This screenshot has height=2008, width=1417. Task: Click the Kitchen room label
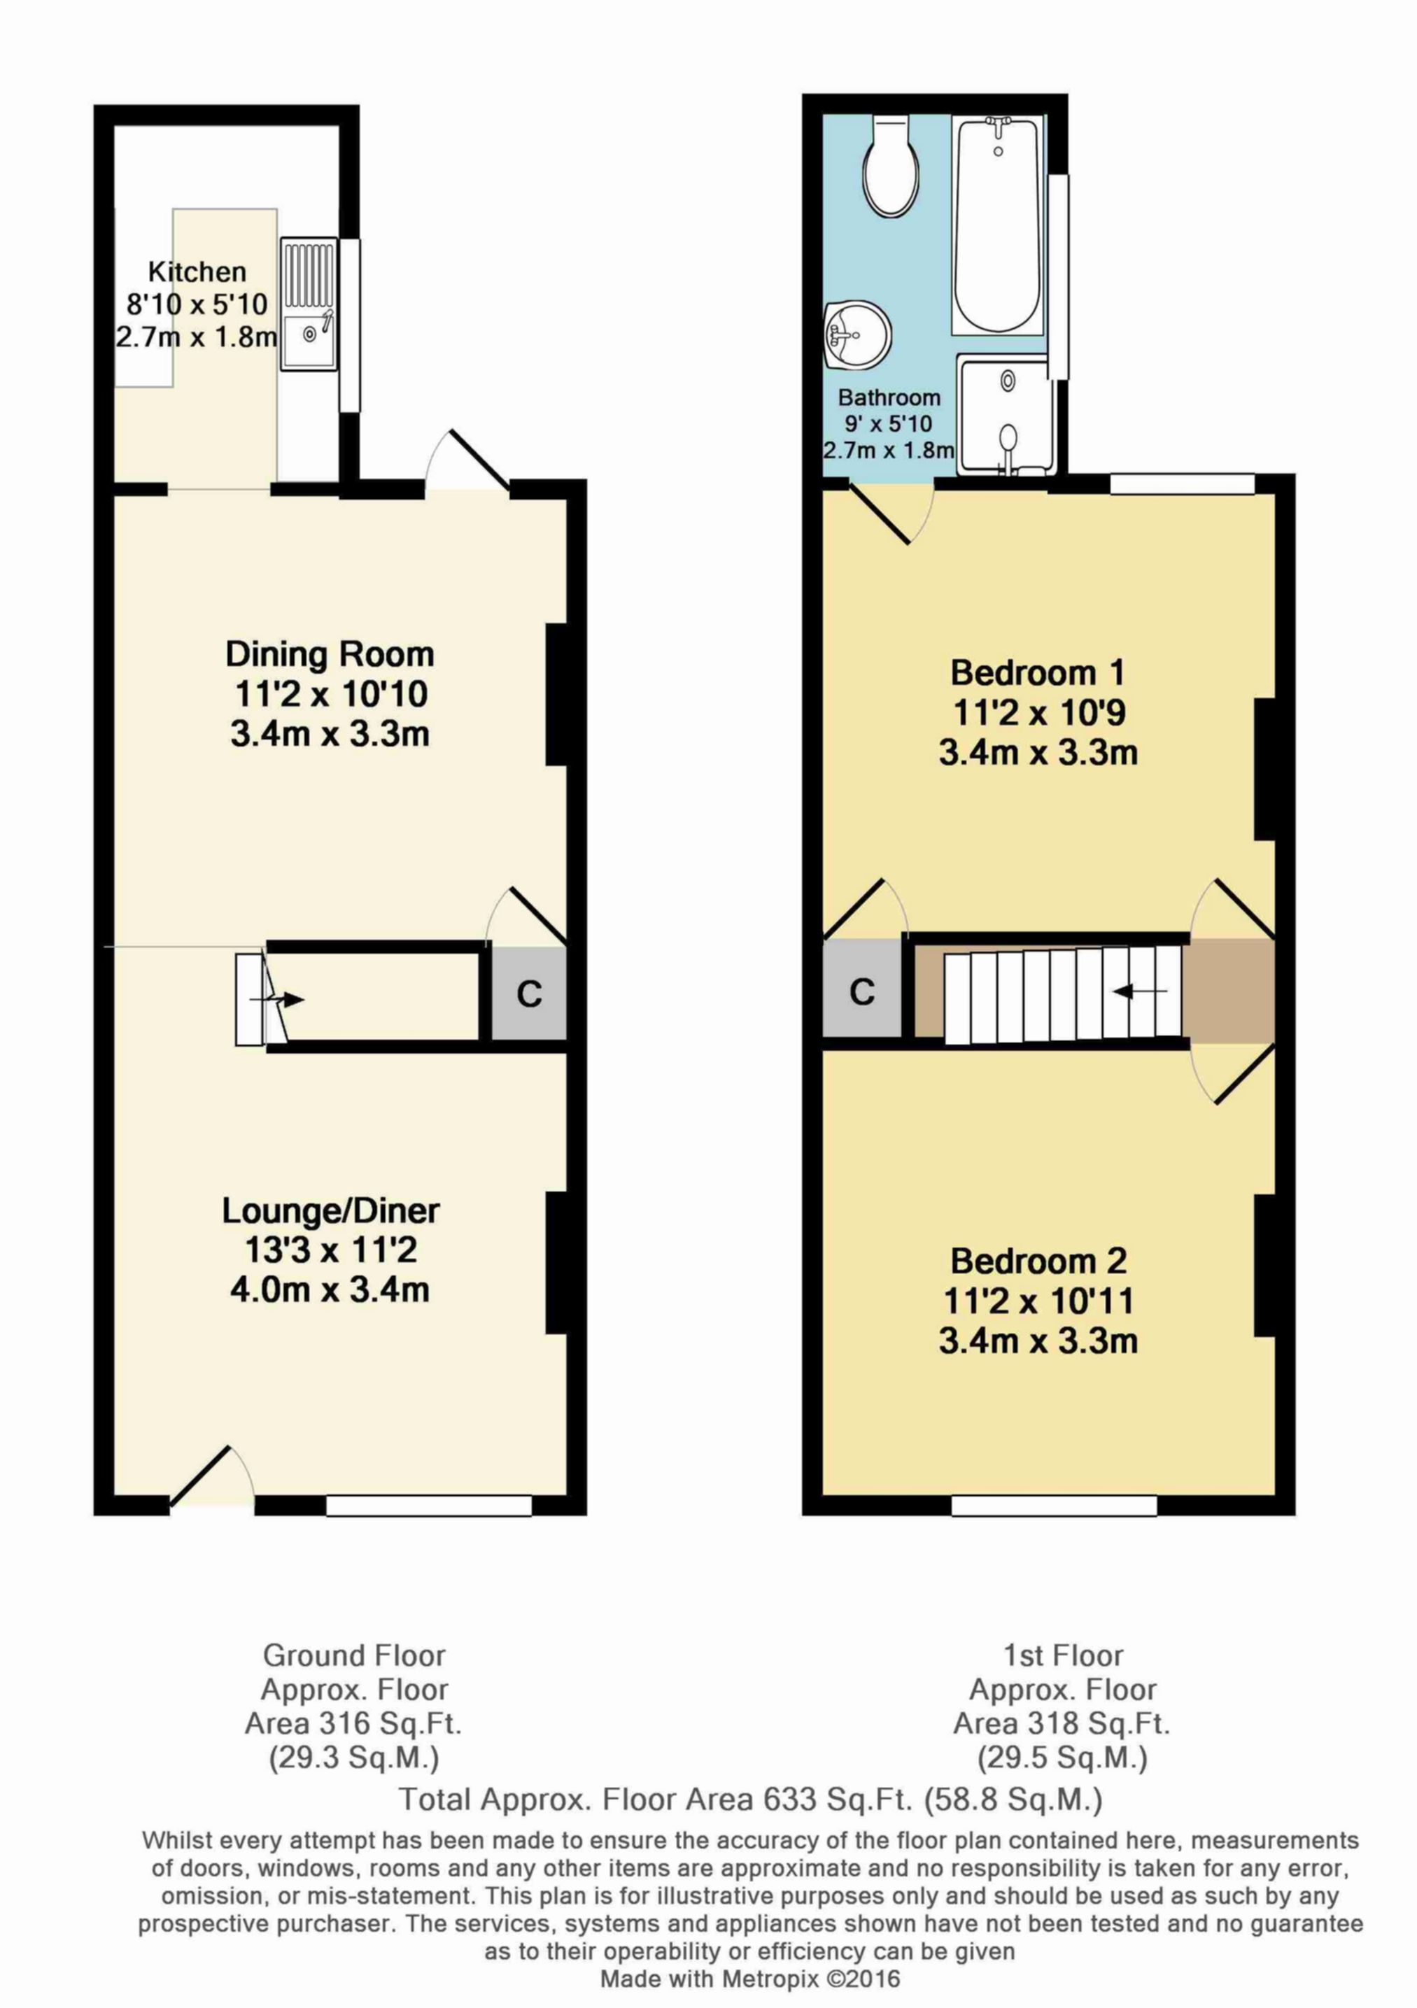(x=197, y=272)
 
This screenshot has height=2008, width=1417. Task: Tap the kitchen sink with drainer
(x=309, y=304)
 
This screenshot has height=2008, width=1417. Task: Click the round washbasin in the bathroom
(x=857, y=336)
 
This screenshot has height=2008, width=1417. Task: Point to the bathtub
(x=998, y=225)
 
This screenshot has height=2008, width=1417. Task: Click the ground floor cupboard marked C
(x=529, y=994)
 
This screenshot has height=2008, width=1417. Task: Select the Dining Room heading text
(x=330, y=654)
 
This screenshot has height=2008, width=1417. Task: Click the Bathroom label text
(x=889, y=398)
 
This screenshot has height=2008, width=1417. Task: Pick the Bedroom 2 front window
(x=1054, y=1505)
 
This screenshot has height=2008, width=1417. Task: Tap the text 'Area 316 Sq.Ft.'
(x=353, y=1724)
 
